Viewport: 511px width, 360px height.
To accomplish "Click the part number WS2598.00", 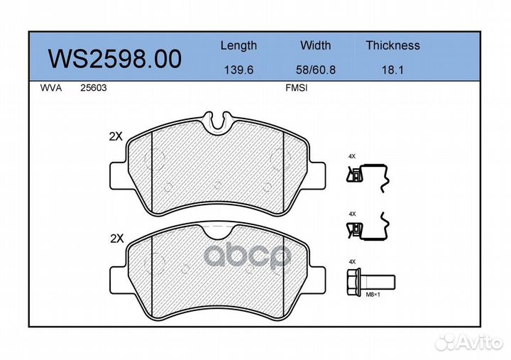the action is coord(115,59).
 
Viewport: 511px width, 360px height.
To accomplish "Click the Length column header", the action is coord(238,45).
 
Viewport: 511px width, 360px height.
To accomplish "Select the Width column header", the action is coord(315,45).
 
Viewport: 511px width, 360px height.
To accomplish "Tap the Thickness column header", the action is coord(392,45).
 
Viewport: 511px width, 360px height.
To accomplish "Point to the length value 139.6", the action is coord(238,70).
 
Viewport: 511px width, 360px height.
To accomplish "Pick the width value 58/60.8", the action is coord(315,70).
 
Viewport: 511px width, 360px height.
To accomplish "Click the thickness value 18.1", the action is coord(392,70).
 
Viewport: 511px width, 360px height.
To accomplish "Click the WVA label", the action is coord(51,88).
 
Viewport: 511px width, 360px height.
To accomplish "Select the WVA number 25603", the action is coord(94,88).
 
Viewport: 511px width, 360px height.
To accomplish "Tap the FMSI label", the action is coord(296,88).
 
